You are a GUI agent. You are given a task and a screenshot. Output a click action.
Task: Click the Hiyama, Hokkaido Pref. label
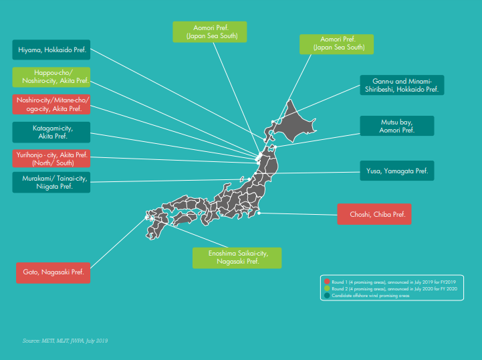(52, 50)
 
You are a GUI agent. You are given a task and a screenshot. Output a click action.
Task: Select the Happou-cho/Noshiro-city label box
(52, 77)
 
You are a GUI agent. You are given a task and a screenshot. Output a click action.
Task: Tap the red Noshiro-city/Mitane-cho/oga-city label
(52, 104)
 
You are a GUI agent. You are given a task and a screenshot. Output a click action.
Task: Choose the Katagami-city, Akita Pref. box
(52, 131)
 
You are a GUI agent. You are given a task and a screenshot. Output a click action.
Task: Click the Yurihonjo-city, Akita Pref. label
(52, 158)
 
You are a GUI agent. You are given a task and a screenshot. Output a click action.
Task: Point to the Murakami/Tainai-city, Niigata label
(52, 182)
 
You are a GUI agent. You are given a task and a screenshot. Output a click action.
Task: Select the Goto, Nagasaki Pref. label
(53, 273)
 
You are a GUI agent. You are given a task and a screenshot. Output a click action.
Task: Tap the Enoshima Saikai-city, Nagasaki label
(237, 258)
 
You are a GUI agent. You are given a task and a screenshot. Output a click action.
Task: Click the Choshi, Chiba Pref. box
(374, 214)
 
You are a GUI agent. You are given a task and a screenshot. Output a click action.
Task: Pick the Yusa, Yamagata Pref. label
(397, 171)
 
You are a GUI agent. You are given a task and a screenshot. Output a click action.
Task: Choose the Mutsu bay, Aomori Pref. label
(397, 126)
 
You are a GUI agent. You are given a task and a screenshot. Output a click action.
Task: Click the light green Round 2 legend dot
(327, 288)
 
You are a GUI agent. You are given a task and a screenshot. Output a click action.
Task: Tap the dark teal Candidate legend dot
(327, 295)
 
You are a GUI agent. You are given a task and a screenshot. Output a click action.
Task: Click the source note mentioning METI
(65, 341)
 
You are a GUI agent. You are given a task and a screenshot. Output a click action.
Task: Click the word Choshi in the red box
(360, 214)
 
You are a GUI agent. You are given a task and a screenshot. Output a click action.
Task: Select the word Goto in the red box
(31, 273)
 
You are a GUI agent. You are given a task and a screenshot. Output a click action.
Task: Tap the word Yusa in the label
(374, 171)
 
